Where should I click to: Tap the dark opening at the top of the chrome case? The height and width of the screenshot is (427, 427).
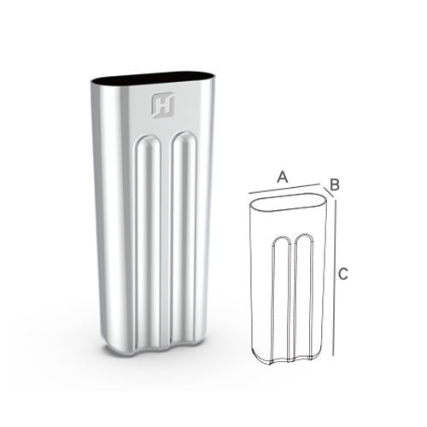tap(152, 78)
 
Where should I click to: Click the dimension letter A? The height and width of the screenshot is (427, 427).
tap(283, 177)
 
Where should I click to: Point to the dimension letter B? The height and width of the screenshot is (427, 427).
tap(335, 184)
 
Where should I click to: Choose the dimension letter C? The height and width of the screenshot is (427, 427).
tap(343, 274)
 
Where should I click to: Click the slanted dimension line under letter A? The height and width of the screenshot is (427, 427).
tap(284, 189)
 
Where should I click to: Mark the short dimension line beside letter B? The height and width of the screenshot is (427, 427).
tap(328, 192)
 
